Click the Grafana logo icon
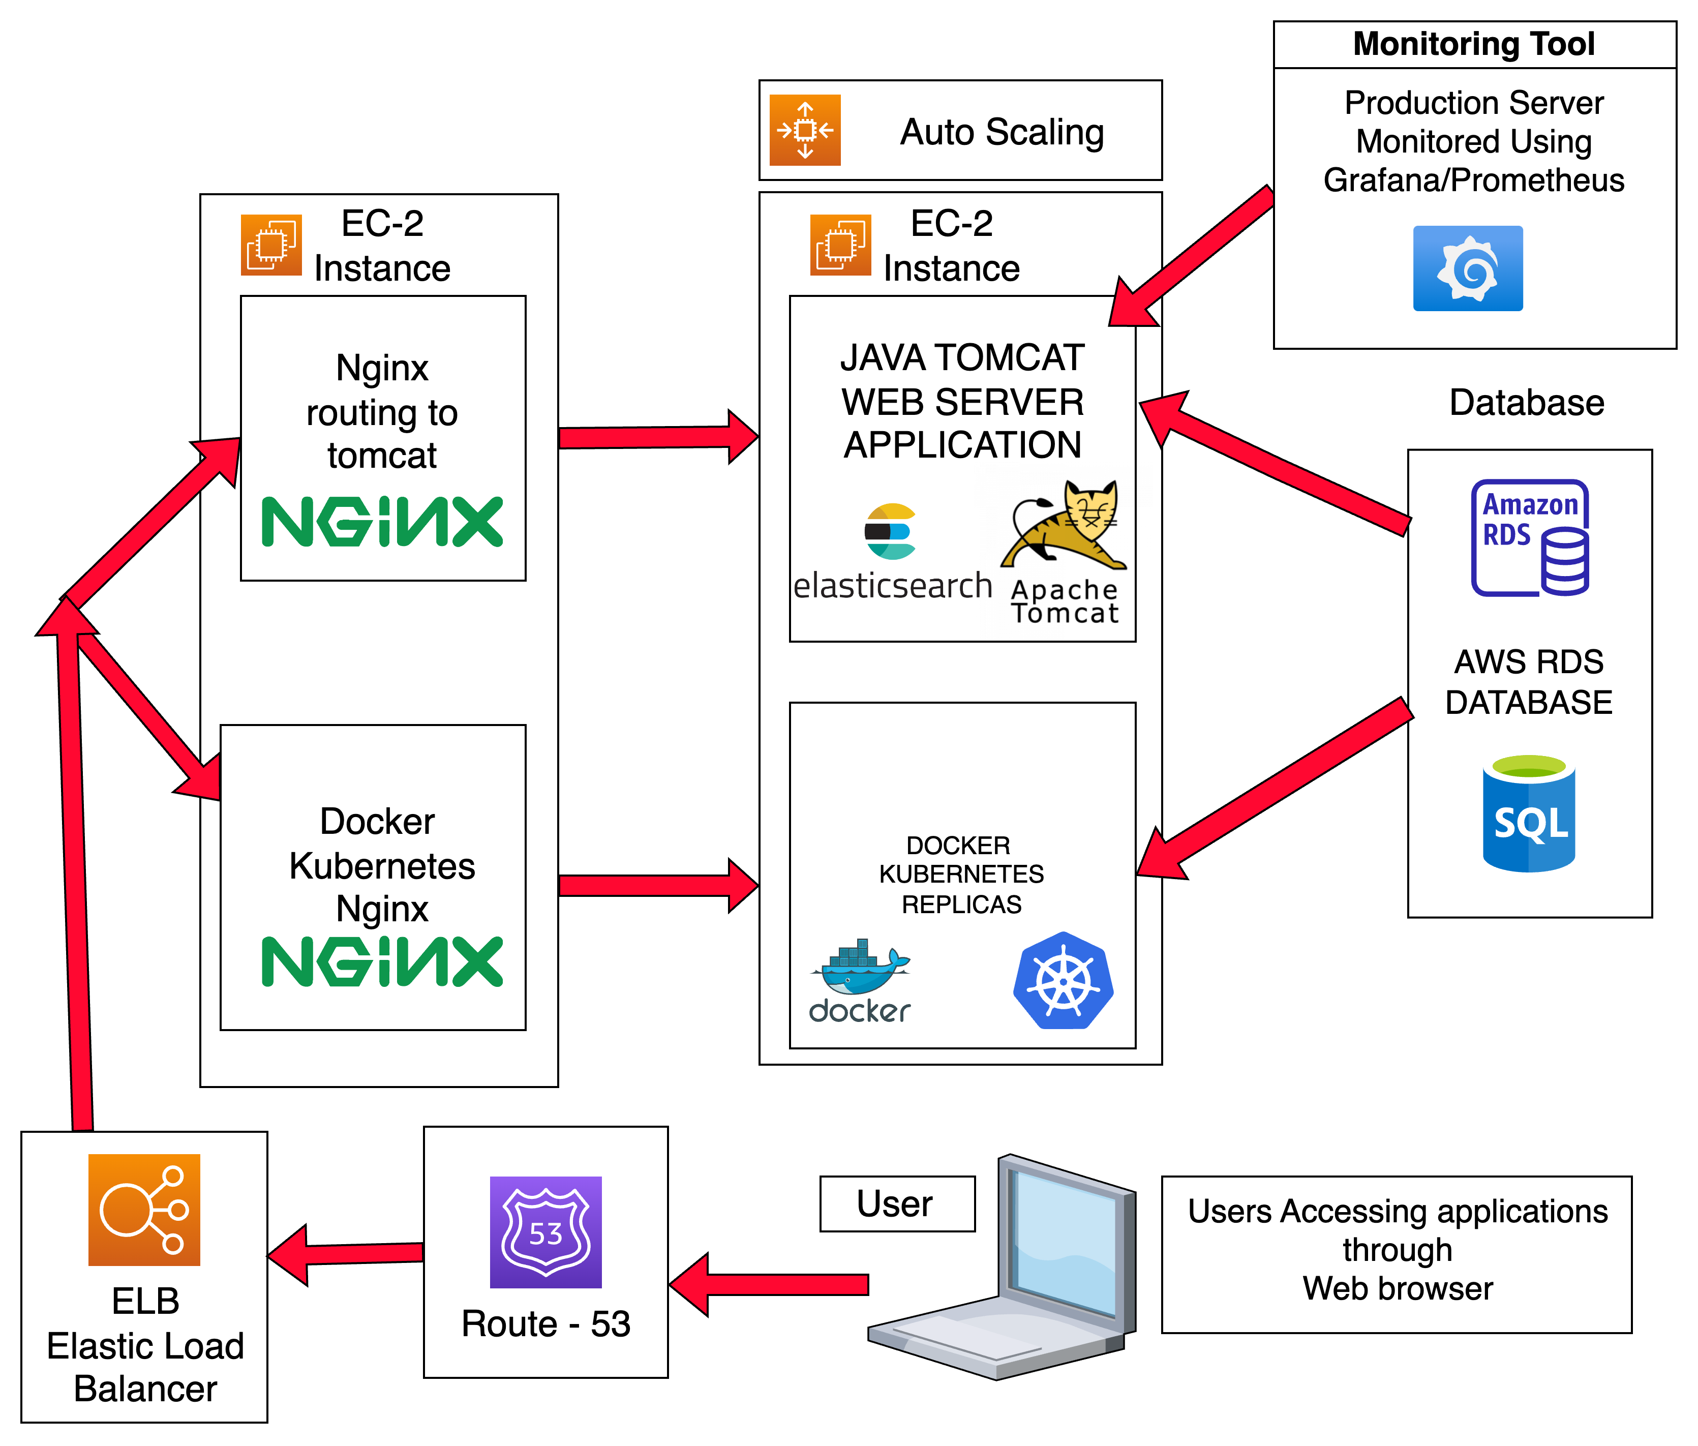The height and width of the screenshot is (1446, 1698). click(x=1468, y=268)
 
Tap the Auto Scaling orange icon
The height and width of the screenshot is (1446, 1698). click(x=805, y=130)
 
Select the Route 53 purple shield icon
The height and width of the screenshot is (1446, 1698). click(x=546, y=1232)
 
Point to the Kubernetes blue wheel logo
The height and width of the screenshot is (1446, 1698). click(x=1063, y=980)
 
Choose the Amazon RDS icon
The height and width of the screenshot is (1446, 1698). click(x=1530, y=538)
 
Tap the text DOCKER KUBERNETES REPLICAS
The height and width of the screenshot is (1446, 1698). click(x=961, y=874)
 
